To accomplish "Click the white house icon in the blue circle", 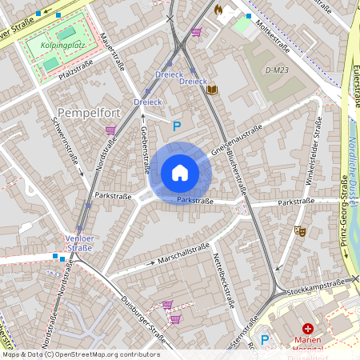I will pos(180,172).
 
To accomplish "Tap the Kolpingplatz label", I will pos(62,46).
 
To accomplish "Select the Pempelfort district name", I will pos(89,113).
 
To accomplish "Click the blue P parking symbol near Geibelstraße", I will pos(178,125).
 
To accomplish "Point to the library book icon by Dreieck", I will pos(211,90).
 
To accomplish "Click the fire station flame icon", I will pos(218,10).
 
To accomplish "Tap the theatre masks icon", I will pos(300,230).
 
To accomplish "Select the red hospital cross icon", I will pos(307,329).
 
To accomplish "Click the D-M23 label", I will pos(276,71).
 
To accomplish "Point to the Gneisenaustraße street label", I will pos(238,141).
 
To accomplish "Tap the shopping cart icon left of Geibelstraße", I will pos(110,130).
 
